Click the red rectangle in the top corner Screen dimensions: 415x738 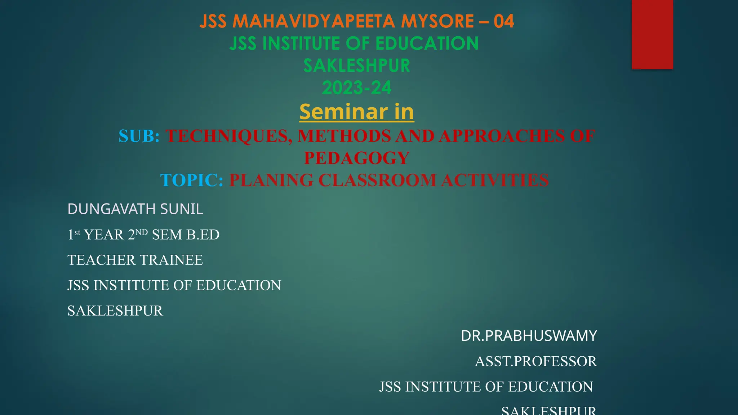click(x=652, y=34)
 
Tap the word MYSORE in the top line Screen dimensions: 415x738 click(x=437, y=21)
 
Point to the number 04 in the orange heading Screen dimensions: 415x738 click(x=504, y=21)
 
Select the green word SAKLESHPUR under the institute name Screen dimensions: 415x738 click(x=356, y=66)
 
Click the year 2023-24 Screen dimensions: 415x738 click(x=356, y=88)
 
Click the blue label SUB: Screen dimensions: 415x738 click(x=139, y=136)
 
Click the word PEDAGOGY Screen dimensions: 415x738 click(x=356, y=158)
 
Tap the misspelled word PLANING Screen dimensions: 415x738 click(x=271, y=180)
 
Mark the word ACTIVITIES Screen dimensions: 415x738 click(x=495, y=180)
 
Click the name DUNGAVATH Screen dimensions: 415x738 click(x=112, y=209)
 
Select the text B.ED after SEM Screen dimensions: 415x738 click(x=203, y=235)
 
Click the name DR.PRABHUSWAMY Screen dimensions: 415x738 click(x=529, y=336)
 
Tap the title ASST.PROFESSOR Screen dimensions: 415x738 click(x=536, y=361)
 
